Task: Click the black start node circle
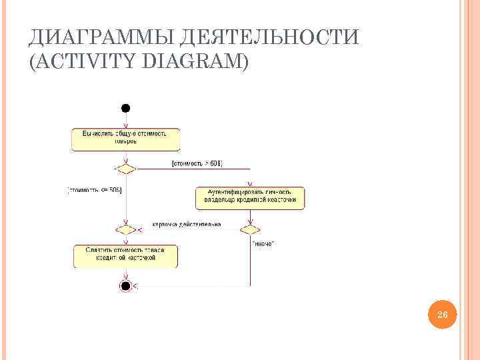click(125, 108)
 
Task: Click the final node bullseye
click(125, 285)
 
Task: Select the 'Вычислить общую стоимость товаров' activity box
click(125, 137)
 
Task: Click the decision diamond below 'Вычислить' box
click(125, 168)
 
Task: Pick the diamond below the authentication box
click(250, 229)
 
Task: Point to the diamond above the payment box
click(125, 229)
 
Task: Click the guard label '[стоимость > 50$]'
click(197, 163)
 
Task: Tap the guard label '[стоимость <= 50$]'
click(95, 189)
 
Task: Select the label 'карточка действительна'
click(187, 224)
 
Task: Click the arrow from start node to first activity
click(125, 119)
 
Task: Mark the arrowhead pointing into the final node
click(135, 285)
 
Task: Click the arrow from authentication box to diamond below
click(250, 217)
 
